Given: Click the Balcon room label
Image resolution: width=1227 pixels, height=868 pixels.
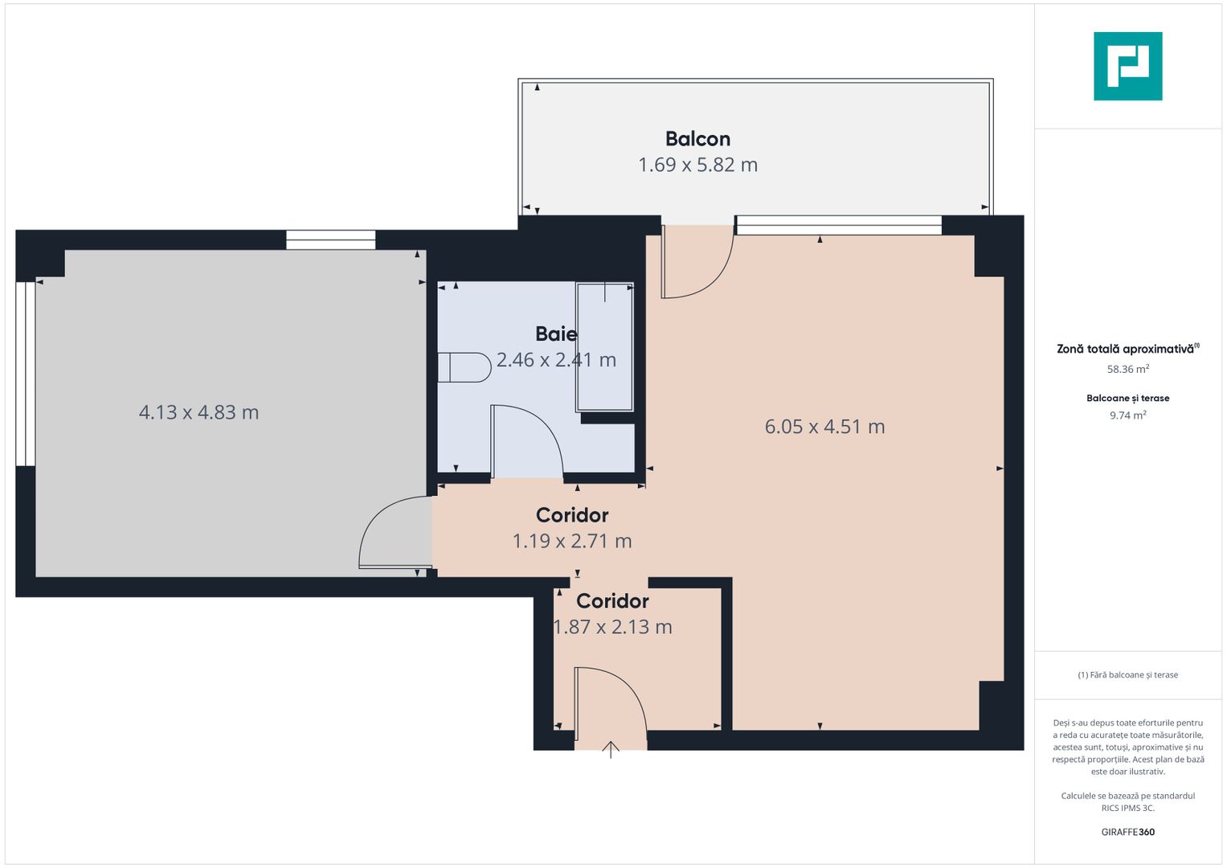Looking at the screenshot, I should [697, 139].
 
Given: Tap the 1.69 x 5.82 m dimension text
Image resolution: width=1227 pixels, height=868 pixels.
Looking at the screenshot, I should [697, 165].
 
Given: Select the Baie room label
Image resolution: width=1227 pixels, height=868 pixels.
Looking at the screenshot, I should [556, 334].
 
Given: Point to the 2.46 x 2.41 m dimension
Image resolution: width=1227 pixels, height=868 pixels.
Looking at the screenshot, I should [556, 360].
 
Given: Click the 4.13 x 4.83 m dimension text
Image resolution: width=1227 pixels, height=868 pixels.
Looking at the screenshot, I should [198, 412].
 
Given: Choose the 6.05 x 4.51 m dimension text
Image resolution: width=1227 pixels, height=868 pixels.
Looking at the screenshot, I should [824, 427].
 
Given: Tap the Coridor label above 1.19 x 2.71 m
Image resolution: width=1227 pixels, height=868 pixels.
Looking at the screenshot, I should [572, 515].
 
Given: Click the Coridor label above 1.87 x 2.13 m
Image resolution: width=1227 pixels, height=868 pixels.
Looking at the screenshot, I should [612, 601].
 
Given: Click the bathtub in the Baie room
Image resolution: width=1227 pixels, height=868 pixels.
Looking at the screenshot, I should [604, 346].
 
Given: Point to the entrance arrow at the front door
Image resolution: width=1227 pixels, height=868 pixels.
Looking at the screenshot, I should [611, 750].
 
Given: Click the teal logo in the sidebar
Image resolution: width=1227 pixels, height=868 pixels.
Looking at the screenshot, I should [1127, 66].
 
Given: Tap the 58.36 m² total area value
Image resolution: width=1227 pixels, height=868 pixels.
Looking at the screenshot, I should [1127, 369].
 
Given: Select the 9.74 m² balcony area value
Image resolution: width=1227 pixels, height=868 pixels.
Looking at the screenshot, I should [1127, 416].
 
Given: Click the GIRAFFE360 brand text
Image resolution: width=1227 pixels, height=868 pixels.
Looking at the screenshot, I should [1127, 832].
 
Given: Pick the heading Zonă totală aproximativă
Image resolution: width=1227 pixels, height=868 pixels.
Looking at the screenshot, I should [1126, 349].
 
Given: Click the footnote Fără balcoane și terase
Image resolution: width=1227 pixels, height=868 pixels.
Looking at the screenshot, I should [1127, 675].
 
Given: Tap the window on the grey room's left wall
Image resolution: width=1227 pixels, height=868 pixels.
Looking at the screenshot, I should [26, 374].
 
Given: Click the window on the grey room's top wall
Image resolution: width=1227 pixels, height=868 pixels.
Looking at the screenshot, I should [331, 240].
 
